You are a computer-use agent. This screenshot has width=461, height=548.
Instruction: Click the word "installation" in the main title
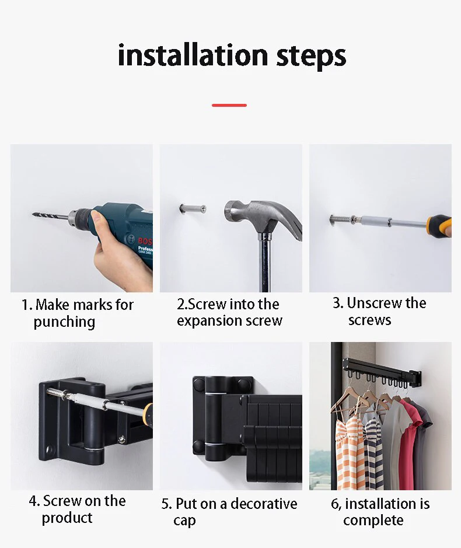click(x=193, y=55)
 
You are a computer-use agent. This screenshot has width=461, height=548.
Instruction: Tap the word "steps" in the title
click(x=311, y=57)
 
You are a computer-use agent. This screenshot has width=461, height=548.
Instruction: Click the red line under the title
click(x=229, y=105)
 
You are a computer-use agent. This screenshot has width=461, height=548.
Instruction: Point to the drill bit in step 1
click(x=50, y=215)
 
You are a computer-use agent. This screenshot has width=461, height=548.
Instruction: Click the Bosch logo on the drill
click(x=144, y=241)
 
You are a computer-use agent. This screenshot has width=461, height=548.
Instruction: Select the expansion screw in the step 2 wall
click(x=193, y=209)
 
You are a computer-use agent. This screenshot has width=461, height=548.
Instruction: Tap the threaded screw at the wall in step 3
click(x=341, y=220)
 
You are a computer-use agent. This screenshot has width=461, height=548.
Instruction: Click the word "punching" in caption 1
click(x=64, y=322)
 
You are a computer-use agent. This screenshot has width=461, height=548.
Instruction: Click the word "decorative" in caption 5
click(x=264, y=504)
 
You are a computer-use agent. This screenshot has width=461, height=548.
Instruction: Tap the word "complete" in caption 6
click(x=373, y=521)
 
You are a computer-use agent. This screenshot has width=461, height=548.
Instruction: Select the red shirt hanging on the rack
click(x=409, y=444)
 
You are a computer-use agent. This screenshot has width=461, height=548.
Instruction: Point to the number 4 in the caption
click(x=33, y=501)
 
